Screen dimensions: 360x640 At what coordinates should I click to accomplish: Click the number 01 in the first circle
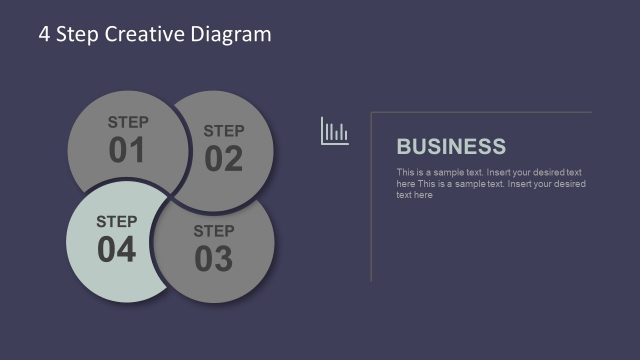(x=127, y=151)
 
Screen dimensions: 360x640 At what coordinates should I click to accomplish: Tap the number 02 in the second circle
(x=224, y=159)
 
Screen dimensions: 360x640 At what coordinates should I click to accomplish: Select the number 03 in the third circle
(x=213, y=259)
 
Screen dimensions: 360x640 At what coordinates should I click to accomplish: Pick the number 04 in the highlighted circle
(x=116, y=250)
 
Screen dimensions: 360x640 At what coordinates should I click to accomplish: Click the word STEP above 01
(x=128, y=123)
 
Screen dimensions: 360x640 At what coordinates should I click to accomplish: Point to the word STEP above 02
(x=224, y=131)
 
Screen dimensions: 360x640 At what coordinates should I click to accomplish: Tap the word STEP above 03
(x=214, y=231)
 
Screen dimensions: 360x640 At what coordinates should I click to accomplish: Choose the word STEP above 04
(x=116, y=221)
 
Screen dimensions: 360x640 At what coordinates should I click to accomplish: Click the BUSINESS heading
(x=451, y=147)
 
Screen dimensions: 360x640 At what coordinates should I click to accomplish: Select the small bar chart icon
(x=334, y=131)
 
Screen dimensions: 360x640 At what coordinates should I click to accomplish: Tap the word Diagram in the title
(x=231, y=34)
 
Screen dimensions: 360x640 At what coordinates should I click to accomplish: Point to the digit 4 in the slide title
(x=44, y=34)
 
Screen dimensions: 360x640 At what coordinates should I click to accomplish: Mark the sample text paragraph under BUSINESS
(x=490, y=184)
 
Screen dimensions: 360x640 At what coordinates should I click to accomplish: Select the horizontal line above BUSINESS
(x=481, y=112)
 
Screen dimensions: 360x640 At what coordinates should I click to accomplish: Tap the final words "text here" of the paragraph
(x=415, y=195)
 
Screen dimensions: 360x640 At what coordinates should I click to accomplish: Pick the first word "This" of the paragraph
(x=405, y=173)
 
